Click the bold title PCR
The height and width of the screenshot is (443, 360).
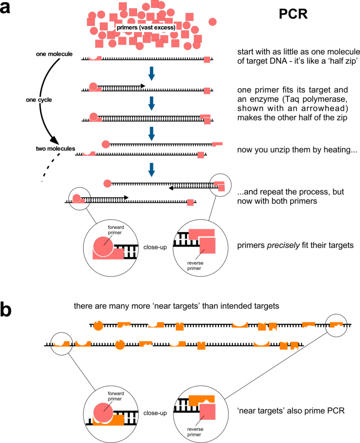[293, 14]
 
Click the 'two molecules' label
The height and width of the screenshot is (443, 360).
[55, 149]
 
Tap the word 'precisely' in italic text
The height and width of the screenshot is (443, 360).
[283, 245]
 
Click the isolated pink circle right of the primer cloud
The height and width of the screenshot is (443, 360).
[213, 22]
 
